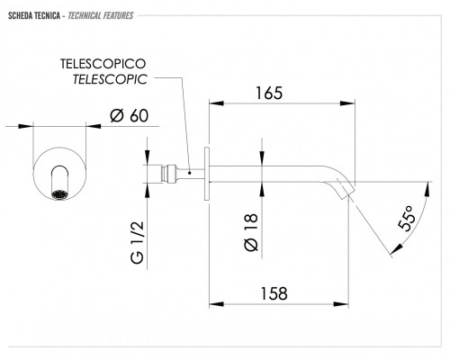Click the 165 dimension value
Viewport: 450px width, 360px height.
pyautogui.click(x=269, y=93)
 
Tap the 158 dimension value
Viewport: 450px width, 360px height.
pyautogui.click(x=274, y=293)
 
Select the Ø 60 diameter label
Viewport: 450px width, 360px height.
pyautogui.click(x=129, y=115)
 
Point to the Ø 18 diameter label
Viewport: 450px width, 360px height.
pyautogui.click(x=251, y=232)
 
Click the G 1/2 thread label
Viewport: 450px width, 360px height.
pyautogui.click(x=138, y=242)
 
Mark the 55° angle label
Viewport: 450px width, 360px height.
pyautogui.click(x=407, y=219)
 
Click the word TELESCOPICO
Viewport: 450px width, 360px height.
pyautogui.click(x=103, y=64)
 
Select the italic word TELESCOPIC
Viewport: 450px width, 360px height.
pyautogui.click(x=110, y=79)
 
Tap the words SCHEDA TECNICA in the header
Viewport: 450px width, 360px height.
pyautogui.click(x=34, y=15)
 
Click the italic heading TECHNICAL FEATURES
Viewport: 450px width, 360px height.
pyautogui.click(x=101, y=15)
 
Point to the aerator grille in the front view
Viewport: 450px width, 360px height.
pyautogui.click(x=59, y=194)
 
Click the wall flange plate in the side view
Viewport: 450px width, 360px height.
pyautogui.click(x=207, y=174)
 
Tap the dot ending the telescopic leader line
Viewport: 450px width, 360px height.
pyautogui.click(x=190, y=173)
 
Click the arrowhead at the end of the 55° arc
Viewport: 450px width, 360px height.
pyautogui.click(x=396, y=248)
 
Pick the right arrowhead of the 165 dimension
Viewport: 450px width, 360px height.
pyautogui.click(x=347, y=103)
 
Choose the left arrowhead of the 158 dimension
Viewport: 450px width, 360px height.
pyautogui.click(x=217, y=304)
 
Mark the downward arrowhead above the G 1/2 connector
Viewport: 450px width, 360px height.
pyautogui.click(x=148, y=157)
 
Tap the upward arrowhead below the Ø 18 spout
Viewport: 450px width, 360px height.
pyautogui.click(x=262, y=190)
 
